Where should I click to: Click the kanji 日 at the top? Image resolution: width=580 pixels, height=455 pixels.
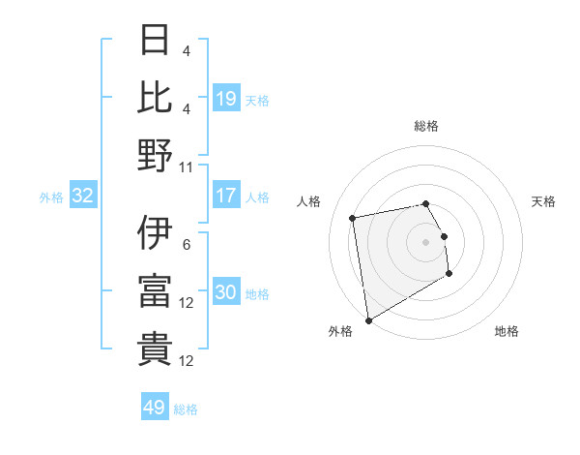(155, 40)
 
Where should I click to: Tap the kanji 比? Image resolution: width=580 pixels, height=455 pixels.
(155, 97)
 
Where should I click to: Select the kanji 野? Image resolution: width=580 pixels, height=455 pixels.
(155, 155)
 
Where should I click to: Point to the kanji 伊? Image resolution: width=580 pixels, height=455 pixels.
(155, 232)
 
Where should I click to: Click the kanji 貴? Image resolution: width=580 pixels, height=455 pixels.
(155, 349)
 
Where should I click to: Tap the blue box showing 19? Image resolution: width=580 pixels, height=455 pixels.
(226, 98)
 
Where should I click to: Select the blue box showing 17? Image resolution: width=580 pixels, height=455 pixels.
(226, 196)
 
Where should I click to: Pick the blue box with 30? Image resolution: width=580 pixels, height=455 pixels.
(226, 292)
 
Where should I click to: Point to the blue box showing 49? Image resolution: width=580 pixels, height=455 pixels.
(155, 408)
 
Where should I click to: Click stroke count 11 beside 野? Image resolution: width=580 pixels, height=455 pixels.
(188, 167)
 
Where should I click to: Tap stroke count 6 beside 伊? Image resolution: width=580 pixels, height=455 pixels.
(187, 244)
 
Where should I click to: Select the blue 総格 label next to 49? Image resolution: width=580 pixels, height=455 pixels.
(186, 409)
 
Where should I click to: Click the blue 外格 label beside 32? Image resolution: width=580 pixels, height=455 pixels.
(51, 197)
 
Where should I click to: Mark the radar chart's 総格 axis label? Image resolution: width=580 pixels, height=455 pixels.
(425, 126)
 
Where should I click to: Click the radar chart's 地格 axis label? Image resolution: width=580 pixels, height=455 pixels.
(507, 331)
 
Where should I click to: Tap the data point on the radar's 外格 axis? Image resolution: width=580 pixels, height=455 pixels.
(367, 320)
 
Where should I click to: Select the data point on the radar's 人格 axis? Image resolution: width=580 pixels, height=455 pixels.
(353, 217)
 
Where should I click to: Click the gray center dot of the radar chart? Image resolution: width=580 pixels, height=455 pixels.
(425, 241)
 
